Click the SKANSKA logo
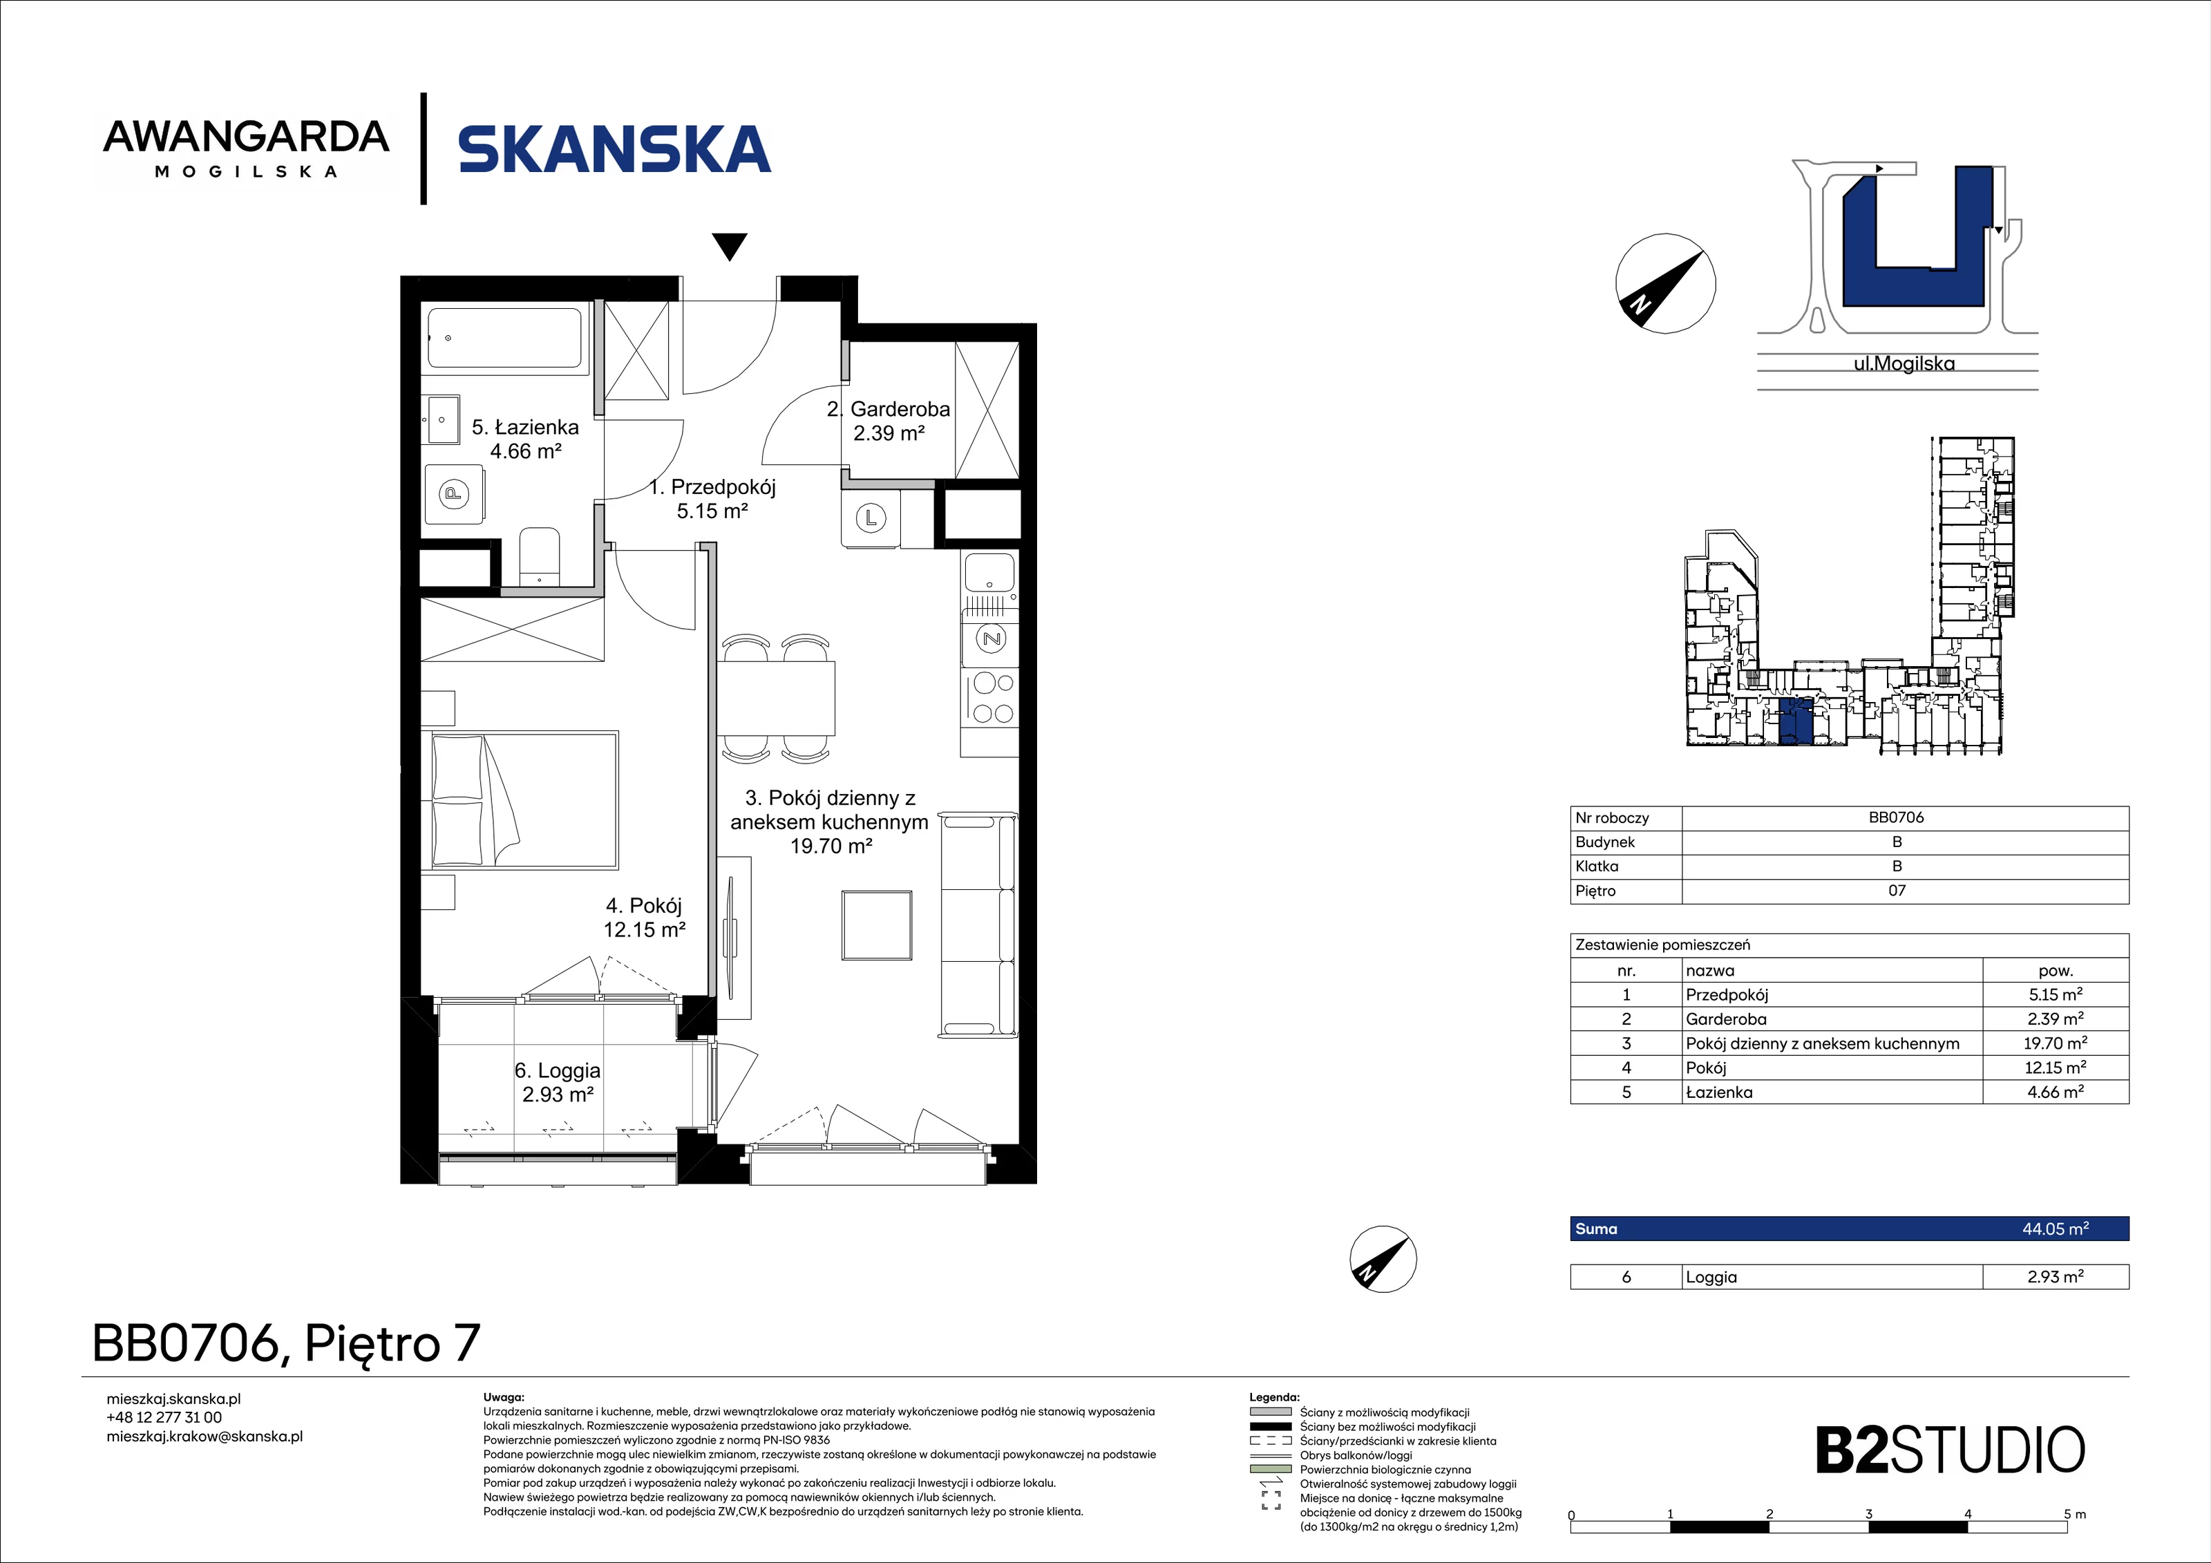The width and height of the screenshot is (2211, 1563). pos(614,149)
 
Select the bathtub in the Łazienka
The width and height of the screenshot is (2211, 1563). pos(504,338)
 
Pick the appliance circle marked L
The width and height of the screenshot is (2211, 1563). pos(871,519)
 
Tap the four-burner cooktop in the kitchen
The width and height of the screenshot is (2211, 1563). pos(993,698)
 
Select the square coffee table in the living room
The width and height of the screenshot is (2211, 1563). pos(876,925)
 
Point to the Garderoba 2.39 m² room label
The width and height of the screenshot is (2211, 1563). pos(889,421)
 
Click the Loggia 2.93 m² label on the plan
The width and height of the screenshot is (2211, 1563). pos(558,1083)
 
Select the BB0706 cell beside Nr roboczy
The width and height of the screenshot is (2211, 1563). pos(1896,817)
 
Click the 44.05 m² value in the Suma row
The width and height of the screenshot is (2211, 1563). pos(2055,1229)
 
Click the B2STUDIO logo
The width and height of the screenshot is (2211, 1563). pos(1950,1451)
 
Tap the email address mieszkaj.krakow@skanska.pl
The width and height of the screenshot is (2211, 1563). pos(204,1437)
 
